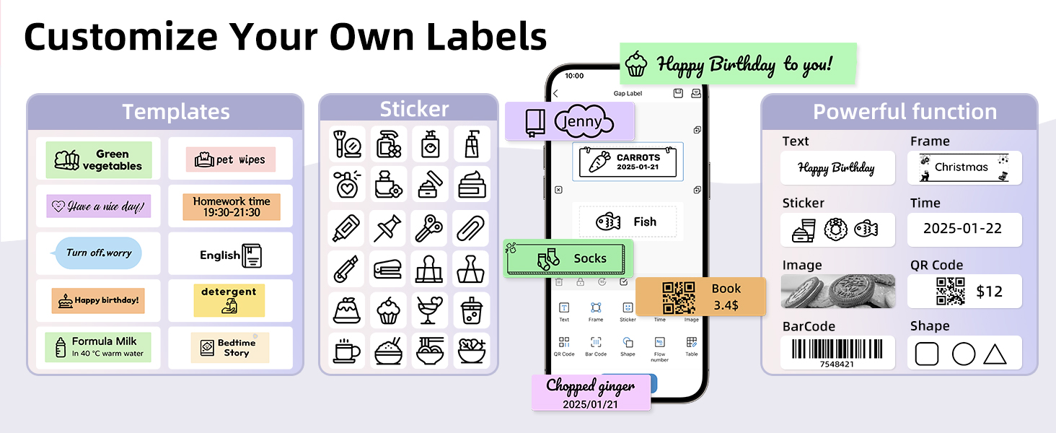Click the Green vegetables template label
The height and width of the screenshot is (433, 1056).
(x=99, y=160)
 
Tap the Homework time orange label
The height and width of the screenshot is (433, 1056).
(x=232, y=206)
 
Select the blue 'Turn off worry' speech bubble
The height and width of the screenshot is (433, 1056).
(x=97, y=253)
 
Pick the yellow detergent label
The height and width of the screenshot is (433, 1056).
(x=229, y=300)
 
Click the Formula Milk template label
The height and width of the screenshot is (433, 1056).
(x=98, y=347)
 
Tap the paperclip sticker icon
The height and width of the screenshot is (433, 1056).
(x=470, y=228)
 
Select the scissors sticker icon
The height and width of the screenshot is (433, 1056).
(x=429, y=228)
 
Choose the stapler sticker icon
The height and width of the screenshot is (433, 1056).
(x=387, y=270)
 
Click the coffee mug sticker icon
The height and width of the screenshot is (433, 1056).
(x=346, y=351)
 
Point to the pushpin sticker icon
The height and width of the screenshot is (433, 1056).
(x=387, y=228)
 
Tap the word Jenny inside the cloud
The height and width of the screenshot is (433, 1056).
(x=582, y=121)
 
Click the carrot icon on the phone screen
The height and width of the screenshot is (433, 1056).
(x=599, y=162)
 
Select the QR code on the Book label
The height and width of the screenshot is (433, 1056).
(x=678, y=297)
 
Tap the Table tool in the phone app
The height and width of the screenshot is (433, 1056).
(x=692, y=346)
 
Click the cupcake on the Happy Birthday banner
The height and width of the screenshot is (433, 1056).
(x=636, y=64)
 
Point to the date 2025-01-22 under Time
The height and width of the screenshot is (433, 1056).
(x=962, y=229)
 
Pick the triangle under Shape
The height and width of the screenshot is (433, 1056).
(x=995, y=354)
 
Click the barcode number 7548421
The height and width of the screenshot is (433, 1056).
(x=837, y=364)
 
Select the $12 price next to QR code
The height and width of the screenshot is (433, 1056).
(x=989, y=292)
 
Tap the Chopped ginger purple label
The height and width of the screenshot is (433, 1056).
(x=591, y=393)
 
